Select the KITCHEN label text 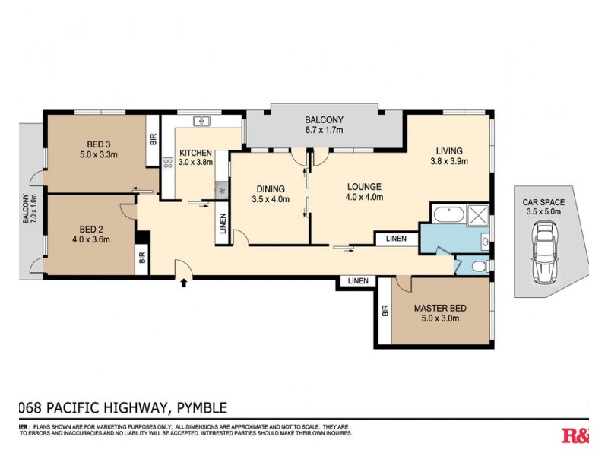pyautogui.click(x=195, y=152)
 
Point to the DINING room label pyautogui.click(x=270, y=189)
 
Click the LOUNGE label pyautogui.click(x=364, y=186)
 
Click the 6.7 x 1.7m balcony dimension pyautogui.click(x=325, y=130)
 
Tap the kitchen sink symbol pyautogui.click(x=201, y=120)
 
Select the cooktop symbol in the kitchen pyautogui.click(x=168, y=163)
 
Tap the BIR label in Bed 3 pyautogui.click(x=153, y=140)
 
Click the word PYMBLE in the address pyautogui.click(x=197, y=408)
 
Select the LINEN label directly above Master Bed pyautogui.click(x=357, y=281)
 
